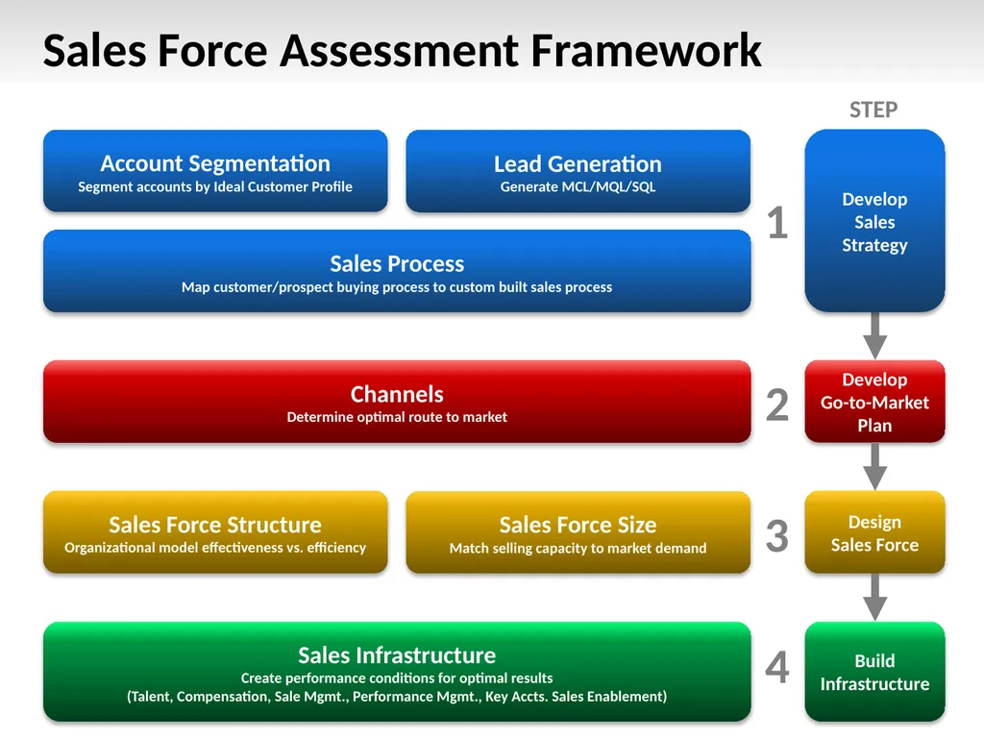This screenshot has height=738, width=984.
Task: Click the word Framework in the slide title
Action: (646, 51)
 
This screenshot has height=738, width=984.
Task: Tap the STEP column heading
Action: (873, 111)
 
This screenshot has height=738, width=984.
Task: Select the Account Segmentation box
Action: (215, 171)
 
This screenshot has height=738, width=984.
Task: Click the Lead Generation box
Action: (578, 171)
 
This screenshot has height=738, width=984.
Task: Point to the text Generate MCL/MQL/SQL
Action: (578, 187)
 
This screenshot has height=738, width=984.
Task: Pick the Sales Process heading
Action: (397, 263)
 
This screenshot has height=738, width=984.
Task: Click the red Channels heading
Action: (397, 394)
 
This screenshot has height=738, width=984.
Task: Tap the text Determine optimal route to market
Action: (397, 417)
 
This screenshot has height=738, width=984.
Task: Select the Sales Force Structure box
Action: (215, 532)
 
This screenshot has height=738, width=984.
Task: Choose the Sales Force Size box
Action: (578, 532)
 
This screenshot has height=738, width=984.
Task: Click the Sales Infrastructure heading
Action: (397, 655)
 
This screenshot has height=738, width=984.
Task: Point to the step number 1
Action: (776, 225)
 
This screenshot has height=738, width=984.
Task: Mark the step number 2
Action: (776, 406)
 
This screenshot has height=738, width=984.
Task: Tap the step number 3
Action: (776, 536)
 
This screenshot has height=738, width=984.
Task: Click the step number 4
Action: (776, 668)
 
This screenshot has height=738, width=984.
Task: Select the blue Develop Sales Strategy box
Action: (874, 221)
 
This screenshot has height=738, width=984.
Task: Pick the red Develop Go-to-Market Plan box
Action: (874, 402)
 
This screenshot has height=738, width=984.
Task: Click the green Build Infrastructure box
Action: (874, 672)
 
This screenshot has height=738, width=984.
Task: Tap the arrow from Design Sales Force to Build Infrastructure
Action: (874, 597)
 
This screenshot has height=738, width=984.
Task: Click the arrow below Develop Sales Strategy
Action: (874, 334)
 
